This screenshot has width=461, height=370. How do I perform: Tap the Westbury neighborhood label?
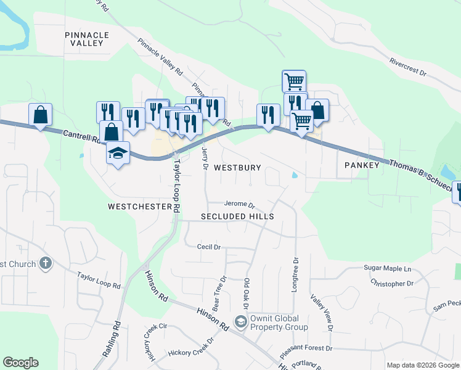(237, 168)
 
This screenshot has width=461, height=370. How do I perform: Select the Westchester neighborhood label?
(139, 207)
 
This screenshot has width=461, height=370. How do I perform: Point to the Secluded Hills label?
(237, 217)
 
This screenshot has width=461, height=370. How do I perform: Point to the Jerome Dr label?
(239, 203)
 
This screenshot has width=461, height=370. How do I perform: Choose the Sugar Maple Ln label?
(387, 269)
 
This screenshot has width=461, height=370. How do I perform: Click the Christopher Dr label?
(392, 284)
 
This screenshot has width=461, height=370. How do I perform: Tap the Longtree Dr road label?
(296, 276)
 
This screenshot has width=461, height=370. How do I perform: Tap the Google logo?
(20, 363)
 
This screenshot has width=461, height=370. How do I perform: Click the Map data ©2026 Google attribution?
(422, 365)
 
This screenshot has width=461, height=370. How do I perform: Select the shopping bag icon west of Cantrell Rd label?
(40, 114)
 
